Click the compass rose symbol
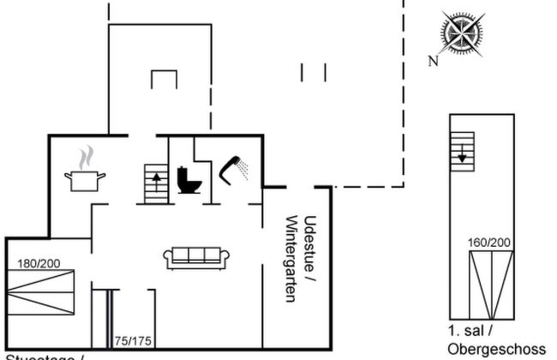[x=462, y=33]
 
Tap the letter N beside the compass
[x=434, y=60]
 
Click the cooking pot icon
[x=85, y=180]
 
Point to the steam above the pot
[x=85, y=159]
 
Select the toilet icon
[x=188, y=180]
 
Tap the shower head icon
[x=233, y=168]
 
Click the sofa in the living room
[x=196, y=256]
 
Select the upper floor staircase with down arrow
[x=462, y=152]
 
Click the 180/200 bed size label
[x=39, y=262]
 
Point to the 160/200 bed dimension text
[x=489, y=243]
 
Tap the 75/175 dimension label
[x=133, y=341]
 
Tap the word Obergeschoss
[x=496, y=349]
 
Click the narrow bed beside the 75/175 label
[x=101, y=321]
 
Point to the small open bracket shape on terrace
[x=163, y=78]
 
